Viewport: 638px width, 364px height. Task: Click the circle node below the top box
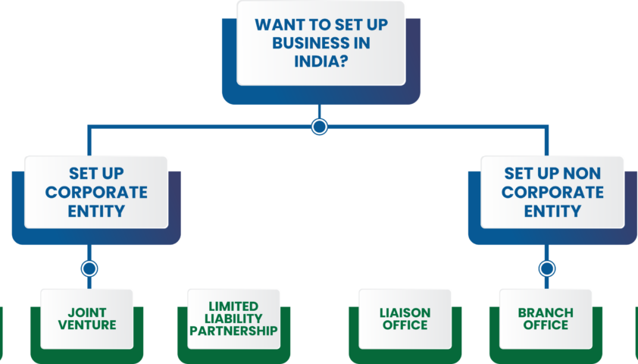click(x=319, y=127)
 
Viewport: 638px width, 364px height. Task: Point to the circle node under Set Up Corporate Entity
click(x=89, y=268)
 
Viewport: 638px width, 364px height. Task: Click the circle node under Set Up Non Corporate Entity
click(x=546, y=268)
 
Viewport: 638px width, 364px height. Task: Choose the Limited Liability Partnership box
click(x=233, y=318)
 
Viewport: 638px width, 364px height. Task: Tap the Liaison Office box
click(x=405, y=318)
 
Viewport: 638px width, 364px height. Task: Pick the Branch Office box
click(x=546, y=318)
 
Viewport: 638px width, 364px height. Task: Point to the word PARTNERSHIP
click(x=233, y=331)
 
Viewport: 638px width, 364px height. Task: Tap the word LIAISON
click(x=405, y=312)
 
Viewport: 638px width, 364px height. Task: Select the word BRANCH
click(x=546, y=312)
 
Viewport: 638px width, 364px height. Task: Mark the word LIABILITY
click(x=233, y=318)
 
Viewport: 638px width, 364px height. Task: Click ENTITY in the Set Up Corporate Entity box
click(x=96, y=211)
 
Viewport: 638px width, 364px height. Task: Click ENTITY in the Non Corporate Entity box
click(x=552, y=211)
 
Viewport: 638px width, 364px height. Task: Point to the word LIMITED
click(x=233, y=306)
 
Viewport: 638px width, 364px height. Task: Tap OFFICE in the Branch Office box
click(x=546, y=325)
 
